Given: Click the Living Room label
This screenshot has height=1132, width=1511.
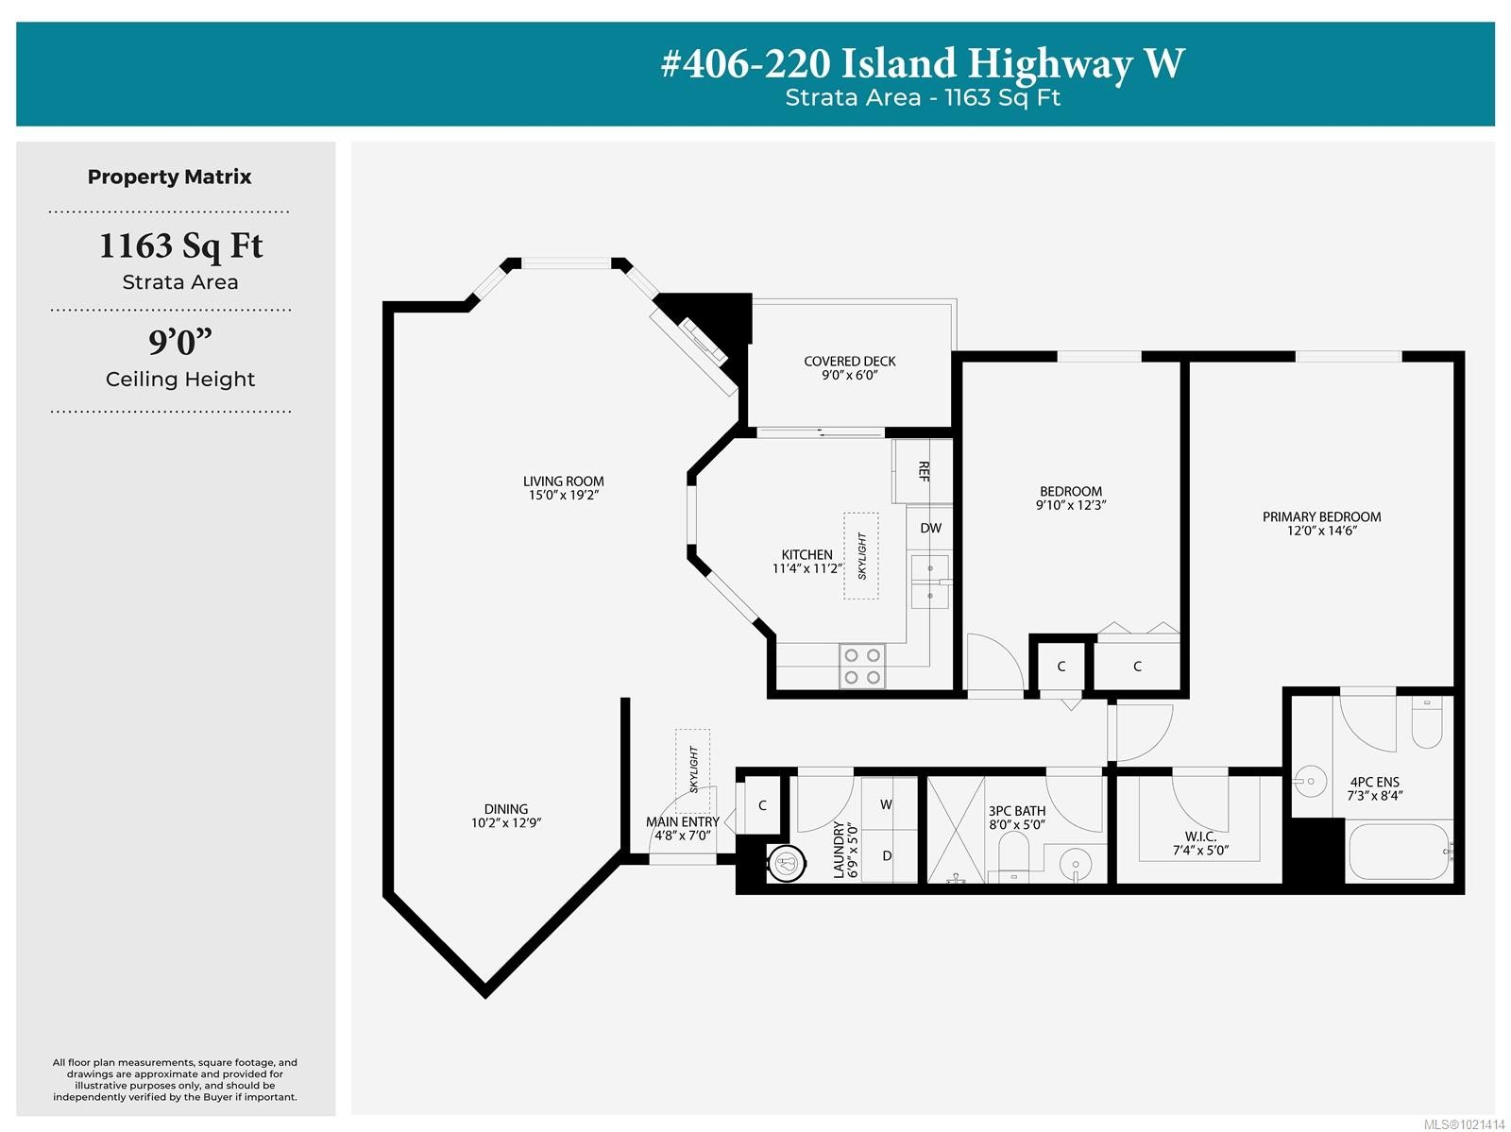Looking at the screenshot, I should tap(563, 482).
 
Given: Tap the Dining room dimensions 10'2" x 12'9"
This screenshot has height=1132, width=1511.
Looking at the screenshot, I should tap(506, 823).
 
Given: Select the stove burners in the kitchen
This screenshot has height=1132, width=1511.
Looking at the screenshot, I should tap(862, 667).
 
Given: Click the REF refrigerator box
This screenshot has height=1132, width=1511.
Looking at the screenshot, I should tap(923, 470).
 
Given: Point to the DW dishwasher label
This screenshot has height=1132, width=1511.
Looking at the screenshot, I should tap(930, 529).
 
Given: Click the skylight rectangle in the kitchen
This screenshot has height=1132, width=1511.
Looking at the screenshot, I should tap(860, 556).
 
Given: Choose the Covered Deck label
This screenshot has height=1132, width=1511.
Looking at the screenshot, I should tap(849, 362).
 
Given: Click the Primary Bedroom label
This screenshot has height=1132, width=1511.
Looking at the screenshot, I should tap(1321, 517).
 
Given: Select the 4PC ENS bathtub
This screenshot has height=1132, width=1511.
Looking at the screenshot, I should tap(1399, 852).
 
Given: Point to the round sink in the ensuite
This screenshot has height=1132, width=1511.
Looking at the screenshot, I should tap(1310, 782).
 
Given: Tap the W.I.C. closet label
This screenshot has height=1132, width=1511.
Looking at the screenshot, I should tap(1200, 836).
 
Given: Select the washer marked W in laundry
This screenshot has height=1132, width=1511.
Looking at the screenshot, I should tap(888, 804).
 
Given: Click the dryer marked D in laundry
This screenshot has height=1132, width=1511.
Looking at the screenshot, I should tap(888, 856).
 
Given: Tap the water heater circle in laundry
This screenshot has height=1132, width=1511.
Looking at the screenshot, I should tap(786, 862).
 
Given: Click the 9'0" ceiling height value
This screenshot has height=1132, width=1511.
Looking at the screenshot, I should tap(179, 342).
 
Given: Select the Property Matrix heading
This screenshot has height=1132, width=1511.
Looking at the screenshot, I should tap(170, 177).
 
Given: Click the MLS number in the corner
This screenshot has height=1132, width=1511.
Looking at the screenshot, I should tap(1463, 1124).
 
